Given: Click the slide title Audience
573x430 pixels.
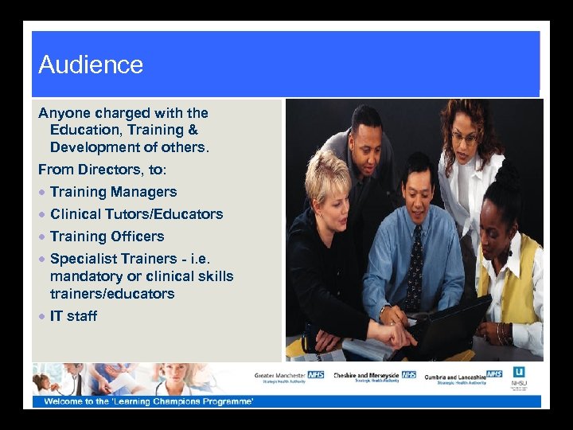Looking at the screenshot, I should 91,64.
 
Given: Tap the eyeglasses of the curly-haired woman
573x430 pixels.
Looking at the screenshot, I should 464,136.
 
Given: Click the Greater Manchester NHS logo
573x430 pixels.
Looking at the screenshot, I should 290,376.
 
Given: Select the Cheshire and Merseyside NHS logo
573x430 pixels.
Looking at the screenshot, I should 374,376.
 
